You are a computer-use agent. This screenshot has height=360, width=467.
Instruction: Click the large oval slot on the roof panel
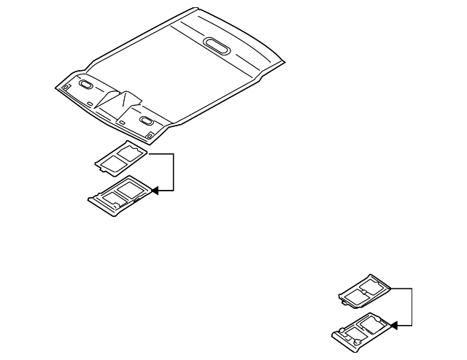218,45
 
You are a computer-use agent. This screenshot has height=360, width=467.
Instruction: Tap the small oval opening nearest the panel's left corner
86,85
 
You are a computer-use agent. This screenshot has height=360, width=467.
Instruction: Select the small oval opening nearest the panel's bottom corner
146,120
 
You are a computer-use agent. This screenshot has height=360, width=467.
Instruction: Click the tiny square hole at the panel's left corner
65,88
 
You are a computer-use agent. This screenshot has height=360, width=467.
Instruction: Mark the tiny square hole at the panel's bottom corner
149,134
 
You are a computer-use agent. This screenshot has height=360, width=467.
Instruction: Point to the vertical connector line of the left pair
174,172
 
